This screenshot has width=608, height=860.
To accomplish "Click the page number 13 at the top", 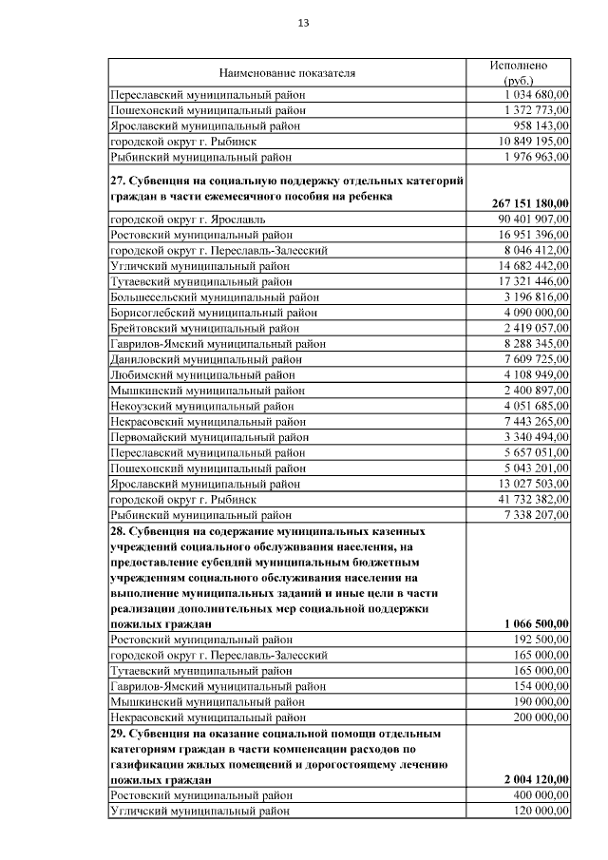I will [x=304, y=23].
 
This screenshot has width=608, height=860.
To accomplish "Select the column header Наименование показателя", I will [x=287, y=72].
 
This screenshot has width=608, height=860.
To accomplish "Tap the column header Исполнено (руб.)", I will [x=518, y=72].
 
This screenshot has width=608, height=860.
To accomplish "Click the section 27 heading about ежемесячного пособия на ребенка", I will [x=275, y=187].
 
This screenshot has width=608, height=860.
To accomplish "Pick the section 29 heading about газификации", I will [x=275, y=755].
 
